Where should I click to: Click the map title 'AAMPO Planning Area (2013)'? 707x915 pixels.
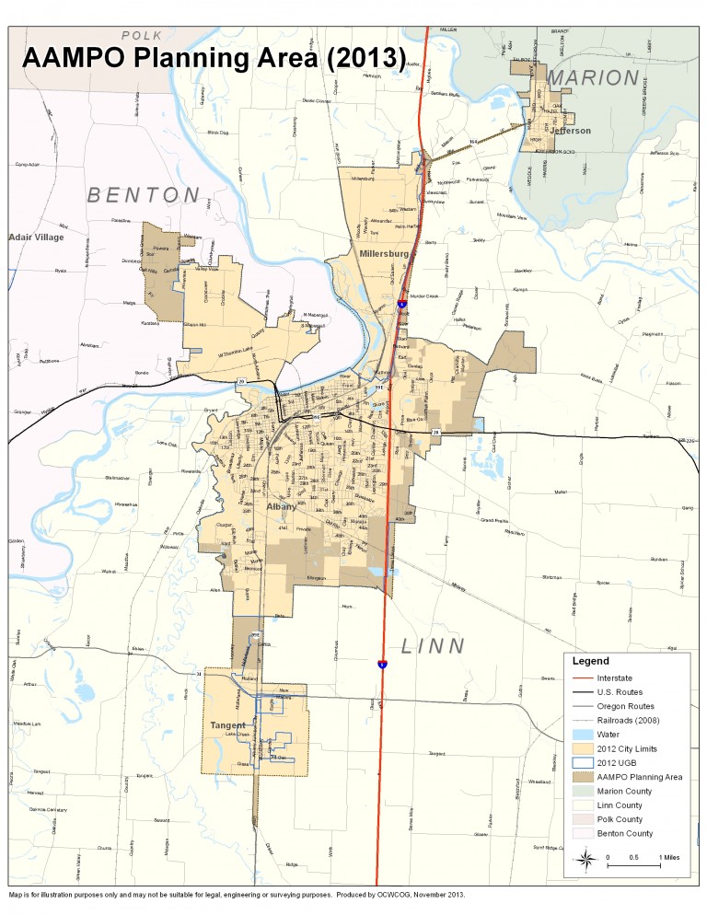212,57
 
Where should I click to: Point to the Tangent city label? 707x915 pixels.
226,724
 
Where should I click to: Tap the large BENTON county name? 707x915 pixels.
143,195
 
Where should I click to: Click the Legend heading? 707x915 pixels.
591,661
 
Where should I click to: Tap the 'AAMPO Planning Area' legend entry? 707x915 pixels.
644,777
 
